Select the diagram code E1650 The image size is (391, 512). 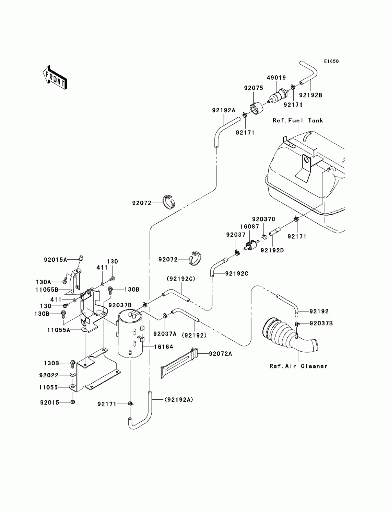(x=331, y=61)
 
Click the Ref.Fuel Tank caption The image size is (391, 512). (x=298, y=120)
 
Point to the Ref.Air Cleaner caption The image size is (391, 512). (x=298, y=366)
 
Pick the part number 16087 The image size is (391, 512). (x=248, y=226)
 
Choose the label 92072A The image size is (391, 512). (x=221, y=354)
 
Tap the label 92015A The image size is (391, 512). (x=56, y=259)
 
